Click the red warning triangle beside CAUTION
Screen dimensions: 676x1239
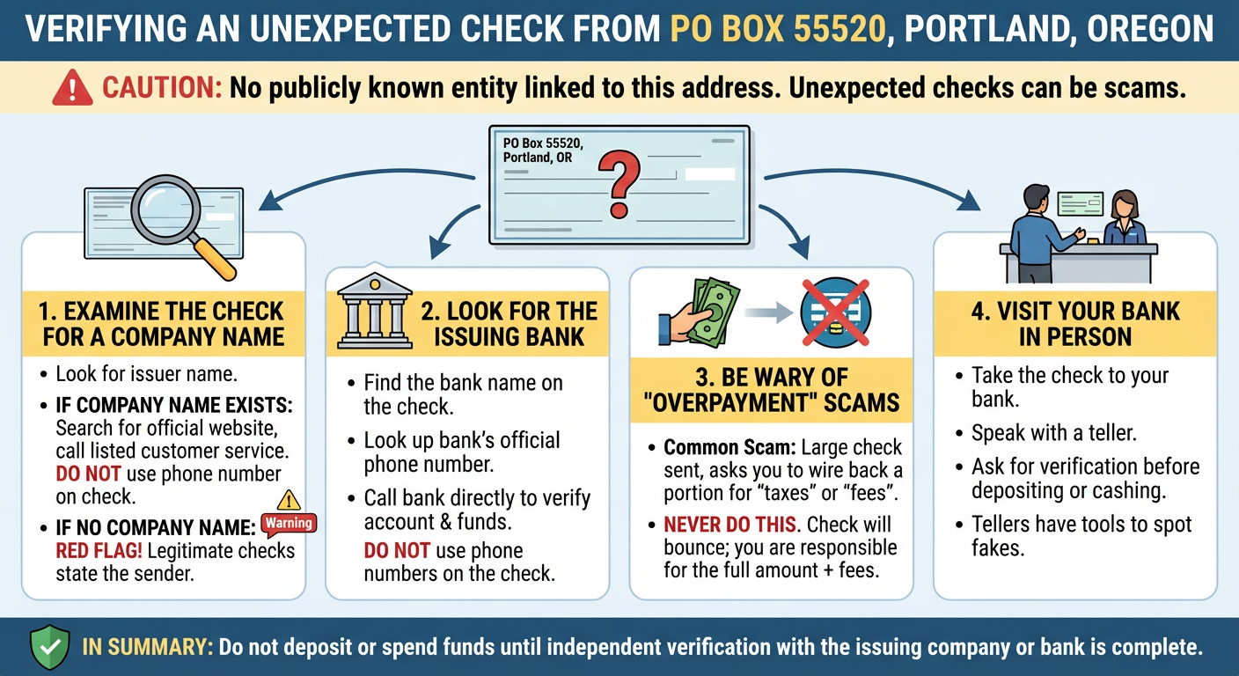click(72, 89)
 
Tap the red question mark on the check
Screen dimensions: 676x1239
click(619, 181)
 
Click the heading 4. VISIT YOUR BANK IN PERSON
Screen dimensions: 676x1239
click(1074, 324)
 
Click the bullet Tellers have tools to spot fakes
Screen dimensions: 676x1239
click(1081, 536)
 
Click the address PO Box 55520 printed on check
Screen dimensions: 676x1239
click(543, 143)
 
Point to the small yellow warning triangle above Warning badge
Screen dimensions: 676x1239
click(289, 501)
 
